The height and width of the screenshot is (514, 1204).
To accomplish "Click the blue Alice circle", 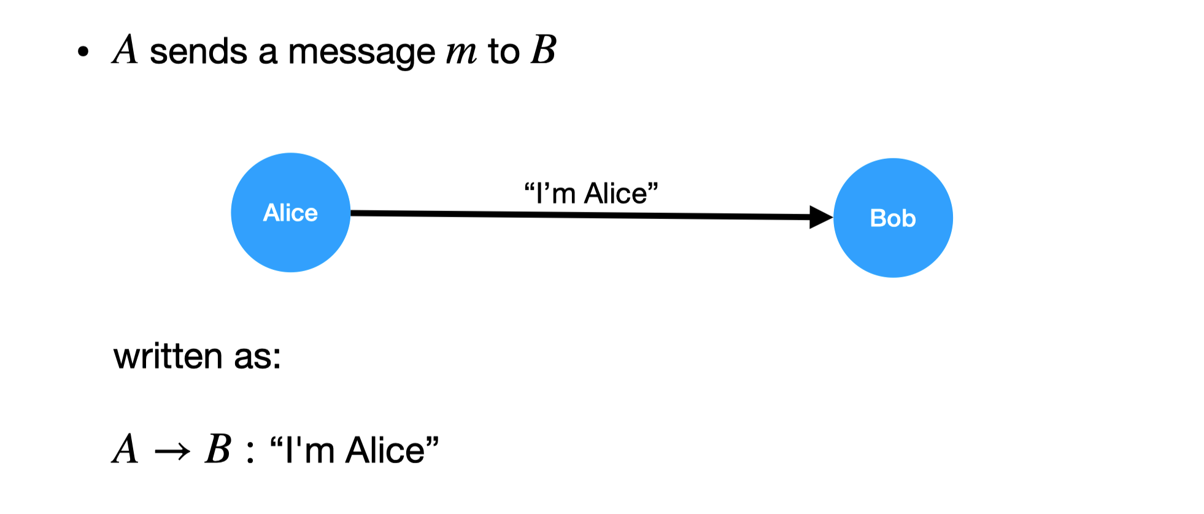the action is pyautogui.click(x=291, y=212).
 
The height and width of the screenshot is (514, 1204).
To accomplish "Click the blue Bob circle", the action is pyautogui.click(x=893, y=218).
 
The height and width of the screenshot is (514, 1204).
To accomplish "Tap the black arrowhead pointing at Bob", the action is pyautogui.click(x=821, y=217).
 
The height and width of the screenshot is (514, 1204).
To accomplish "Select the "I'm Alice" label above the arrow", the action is pyautogui.click(x=591, y=193).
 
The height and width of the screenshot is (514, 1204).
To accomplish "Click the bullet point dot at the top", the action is pyautogui.click(x=83, y=52).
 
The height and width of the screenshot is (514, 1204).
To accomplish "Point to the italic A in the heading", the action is pyautogui.click(x=126, y=50).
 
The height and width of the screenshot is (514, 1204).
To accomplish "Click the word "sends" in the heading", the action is pyautogui.click(x=198, y=52).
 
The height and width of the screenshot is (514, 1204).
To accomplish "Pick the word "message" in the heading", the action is pyautogui.click(x=361, y=53).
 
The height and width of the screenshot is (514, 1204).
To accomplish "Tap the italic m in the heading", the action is pyautogui.click(x=461, y=53).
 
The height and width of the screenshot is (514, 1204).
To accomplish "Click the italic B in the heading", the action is pyautogui.click(x=544, y=50).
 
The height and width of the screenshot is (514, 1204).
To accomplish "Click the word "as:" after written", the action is pyautogui.click(x=257, y=358).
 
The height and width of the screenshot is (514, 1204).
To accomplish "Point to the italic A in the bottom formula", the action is pyautogui.click(x=126, y=449).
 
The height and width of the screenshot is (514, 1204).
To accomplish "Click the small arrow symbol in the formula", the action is pyautogui.click(x=172, y=453).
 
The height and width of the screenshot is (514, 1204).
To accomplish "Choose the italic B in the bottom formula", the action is pyautogui.click(x=218, y=449).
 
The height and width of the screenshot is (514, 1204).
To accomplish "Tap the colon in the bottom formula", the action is pyautogui.click(x=250, y=453).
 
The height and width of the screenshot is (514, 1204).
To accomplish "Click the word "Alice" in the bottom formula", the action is pyautogui.click(x=385, y=450).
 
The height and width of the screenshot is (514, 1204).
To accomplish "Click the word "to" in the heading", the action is pyautogui.click(x=504, y=52).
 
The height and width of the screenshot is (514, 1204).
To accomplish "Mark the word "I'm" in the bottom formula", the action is pyautogui.click(x=310, y=450).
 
